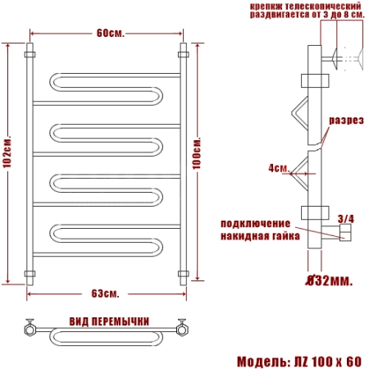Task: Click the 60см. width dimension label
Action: [x=111, y=34]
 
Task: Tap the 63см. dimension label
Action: [x=105, y=294]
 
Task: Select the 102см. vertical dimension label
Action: [x=7, y=152]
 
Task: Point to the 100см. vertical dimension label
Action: [x=197, y=153]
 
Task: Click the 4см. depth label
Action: [x=279, y=168]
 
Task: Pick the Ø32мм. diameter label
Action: [x=329, y=280]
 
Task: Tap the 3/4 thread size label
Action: [x=346, y=219]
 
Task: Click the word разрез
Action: [x=346, y=121]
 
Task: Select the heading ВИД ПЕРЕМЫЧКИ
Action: [x=109, y=321]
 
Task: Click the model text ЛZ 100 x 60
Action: [x=328, y=362]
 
